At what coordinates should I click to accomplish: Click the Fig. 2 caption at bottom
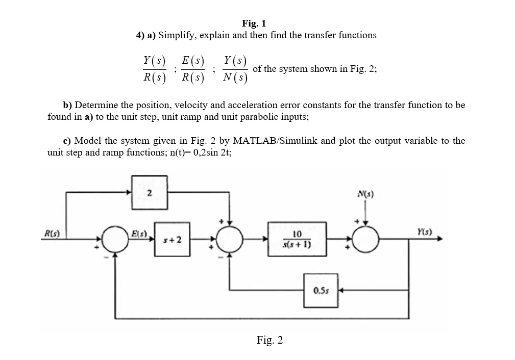(x=270, y=341)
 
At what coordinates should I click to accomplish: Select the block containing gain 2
(x=149, y=192)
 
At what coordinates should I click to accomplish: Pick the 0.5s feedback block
(x=321, y=291)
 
